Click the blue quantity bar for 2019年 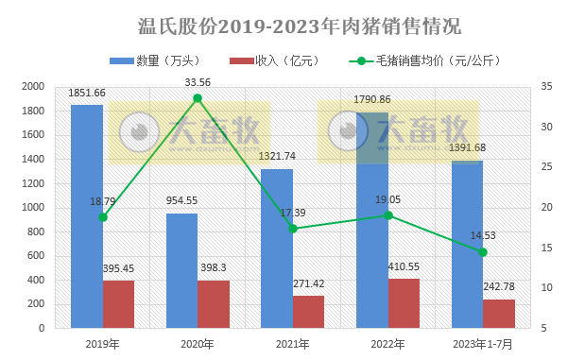[87, 217]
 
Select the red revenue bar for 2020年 [214, 304]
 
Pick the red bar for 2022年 [404, 303]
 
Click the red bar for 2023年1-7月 [498, 314]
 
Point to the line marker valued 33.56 [198, 98]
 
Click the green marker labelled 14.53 [483, 252]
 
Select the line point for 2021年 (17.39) [293, 229]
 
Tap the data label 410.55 [404, 267]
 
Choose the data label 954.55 [181, 201]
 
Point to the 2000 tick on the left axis [32, 86]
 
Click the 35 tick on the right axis [548, 86]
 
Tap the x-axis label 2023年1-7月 [483, 344]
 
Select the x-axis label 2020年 [198, 344]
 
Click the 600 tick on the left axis [35, 255]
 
